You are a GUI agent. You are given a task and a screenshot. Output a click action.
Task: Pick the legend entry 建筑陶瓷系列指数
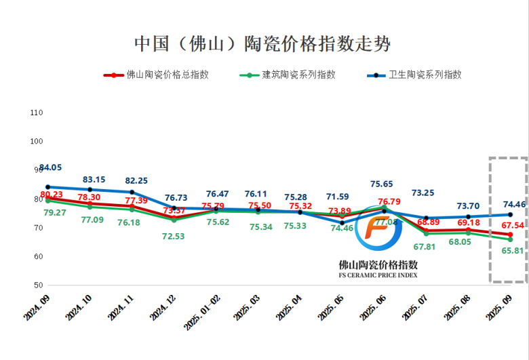pyautogui.click(x=298, y=75)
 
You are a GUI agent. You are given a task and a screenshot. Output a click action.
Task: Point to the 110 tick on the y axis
pyautogui.click(x=37, y=113)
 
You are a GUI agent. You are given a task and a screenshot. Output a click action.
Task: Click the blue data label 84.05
pyautogui.click(x=51, y=167)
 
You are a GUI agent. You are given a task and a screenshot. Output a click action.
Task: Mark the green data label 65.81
pyautogui.click(x=511, y=251)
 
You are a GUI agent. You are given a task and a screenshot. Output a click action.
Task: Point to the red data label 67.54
pyautogui.click(x=512, y=226)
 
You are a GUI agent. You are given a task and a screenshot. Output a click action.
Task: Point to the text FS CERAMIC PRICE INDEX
pyautogui.click(x=378, y=275)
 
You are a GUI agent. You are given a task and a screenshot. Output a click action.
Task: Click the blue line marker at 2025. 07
pyautogui.click(x=426, y=218)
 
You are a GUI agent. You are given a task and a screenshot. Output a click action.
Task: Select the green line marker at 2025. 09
pyautogui.click(x=510, y=239)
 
